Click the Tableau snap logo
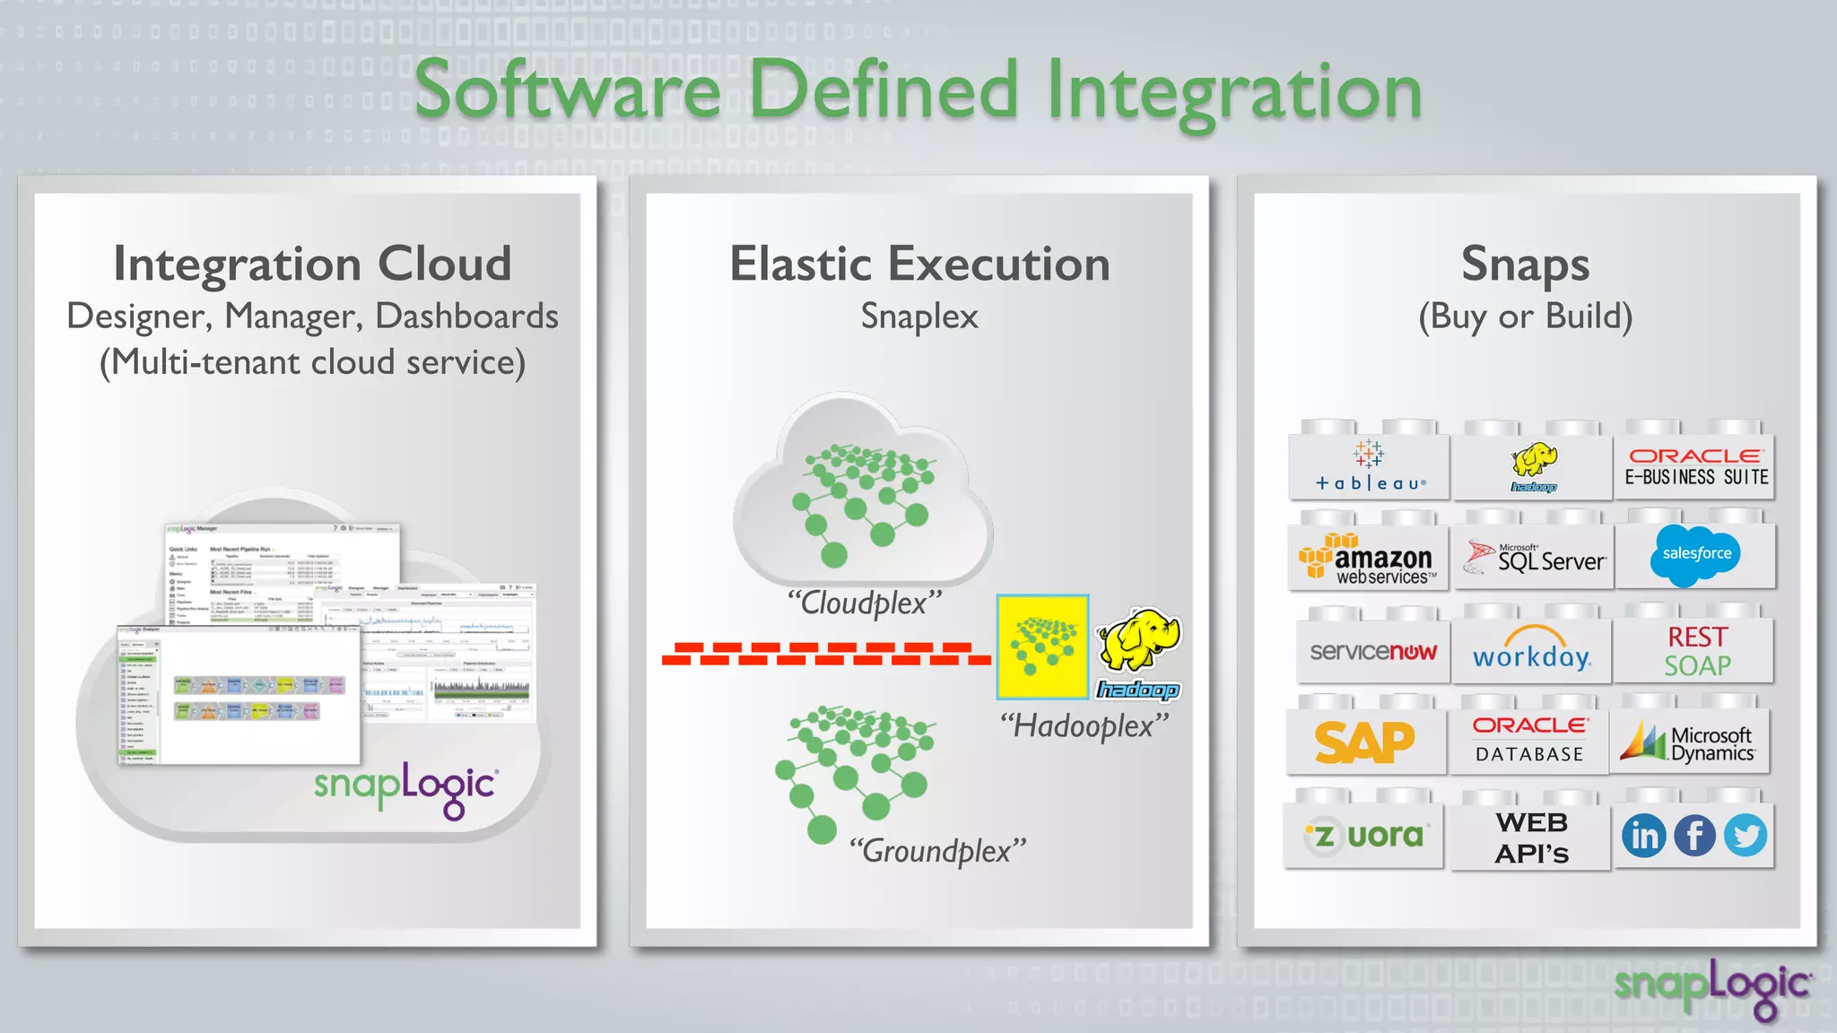pos(1369,467)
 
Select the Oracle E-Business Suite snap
pos(1695,467)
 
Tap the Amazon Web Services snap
pos(1369,560)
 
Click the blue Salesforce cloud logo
pos(1695,554)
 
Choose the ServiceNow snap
pos(1372,652)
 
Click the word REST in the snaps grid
pos(1697,637)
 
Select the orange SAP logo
pos(1364,742)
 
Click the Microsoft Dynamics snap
pos(1690,742)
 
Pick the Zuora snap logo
pos(1364,837)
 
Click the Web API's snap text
pos(1532,838)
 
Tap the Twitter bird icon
pos(1746,836)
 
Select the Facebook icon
pos(1694,836)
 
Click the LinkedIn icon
pos(1644,836)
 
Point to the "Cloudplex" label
pos(865,603)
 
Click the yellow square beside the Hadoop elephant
pos(1042,647)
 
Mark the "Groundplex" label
pos(937,850)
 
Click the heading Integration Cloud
pos(312,264)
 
